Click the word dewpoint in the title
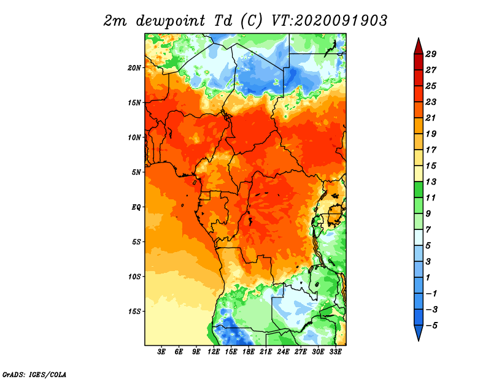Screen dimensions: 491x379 171,21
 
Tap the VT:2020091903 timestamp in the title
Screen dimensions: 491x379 329,21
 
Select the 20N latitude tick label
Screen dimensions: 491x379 134,68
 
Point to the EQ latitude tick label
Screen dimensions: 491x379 136,207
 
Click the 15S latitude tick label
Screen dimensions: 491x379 134,312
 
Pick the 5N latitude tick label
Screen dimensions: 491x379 136,172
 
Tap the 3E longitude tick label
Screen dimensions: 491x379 161,352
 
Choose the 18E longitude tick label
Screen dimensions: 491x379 249,352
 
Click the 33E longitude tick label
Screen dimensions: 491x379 335,352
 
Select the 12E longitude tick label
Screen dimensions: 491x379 214,352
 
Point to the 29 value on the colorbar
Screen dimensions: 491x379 431,54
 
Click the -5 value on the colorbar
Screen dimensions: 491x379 431,326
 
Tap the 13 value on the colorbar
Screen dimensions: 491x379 431,182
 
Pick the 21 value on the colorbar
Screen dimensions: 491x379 431,118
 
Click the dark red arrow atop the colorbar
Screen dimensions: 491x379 419,47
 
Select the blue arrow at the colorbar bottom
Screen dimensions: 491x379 419,332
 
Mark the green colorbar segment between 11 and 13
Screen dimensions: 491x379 419,190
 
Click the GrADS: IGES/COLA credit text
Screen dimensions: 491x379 34,375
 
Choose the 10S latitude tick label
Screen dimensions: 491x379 134,277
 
